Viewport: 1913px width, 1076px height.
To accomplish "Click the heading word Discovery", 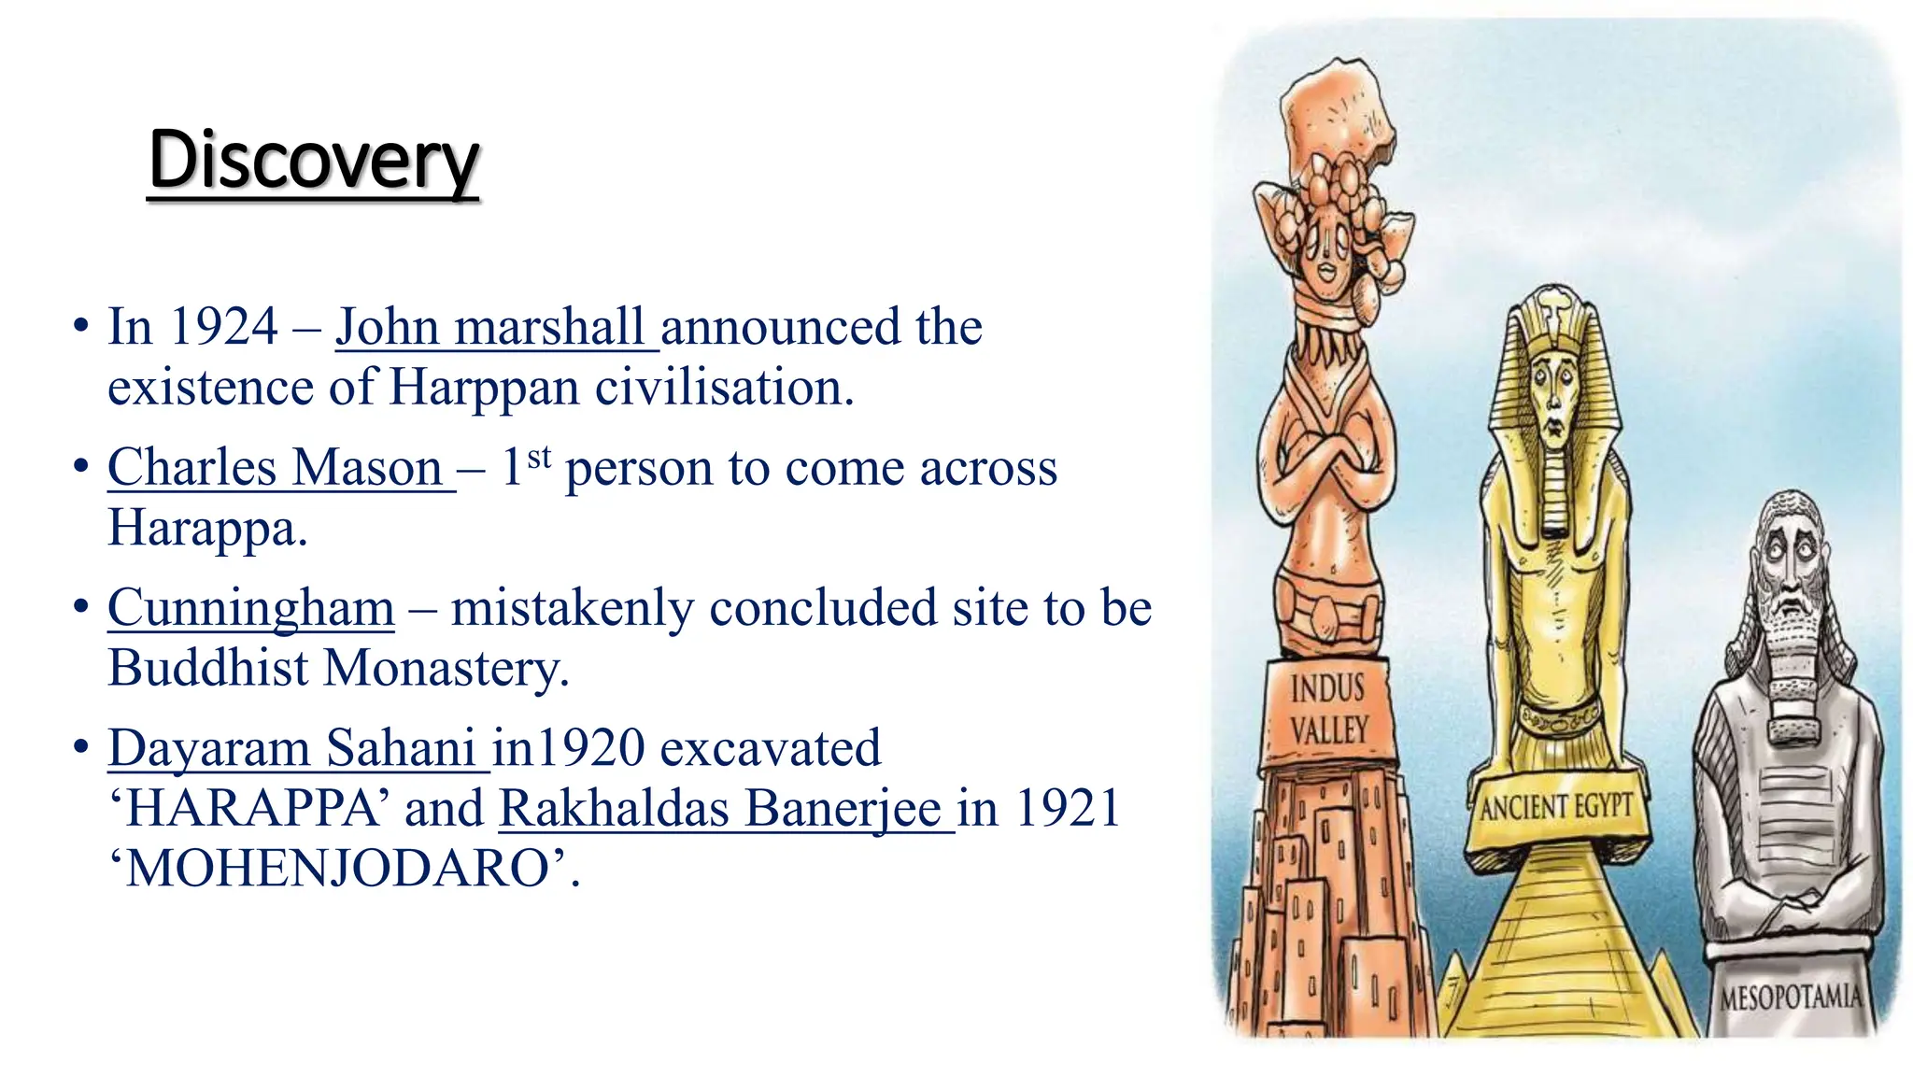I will (x=313, y=161).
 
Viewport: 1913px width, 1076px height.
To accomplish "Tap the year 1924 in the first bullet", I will (x=224, y=327).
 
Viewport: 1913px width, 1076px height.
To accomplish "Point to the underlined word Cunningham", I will (x=251, y=608).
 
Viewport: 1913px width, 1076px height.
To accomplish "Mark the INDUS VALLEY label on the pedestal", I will (x=1328, y=710).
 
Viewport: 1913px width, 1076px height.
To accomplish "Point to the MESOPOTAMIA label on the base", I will (x=1790, y=998).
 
